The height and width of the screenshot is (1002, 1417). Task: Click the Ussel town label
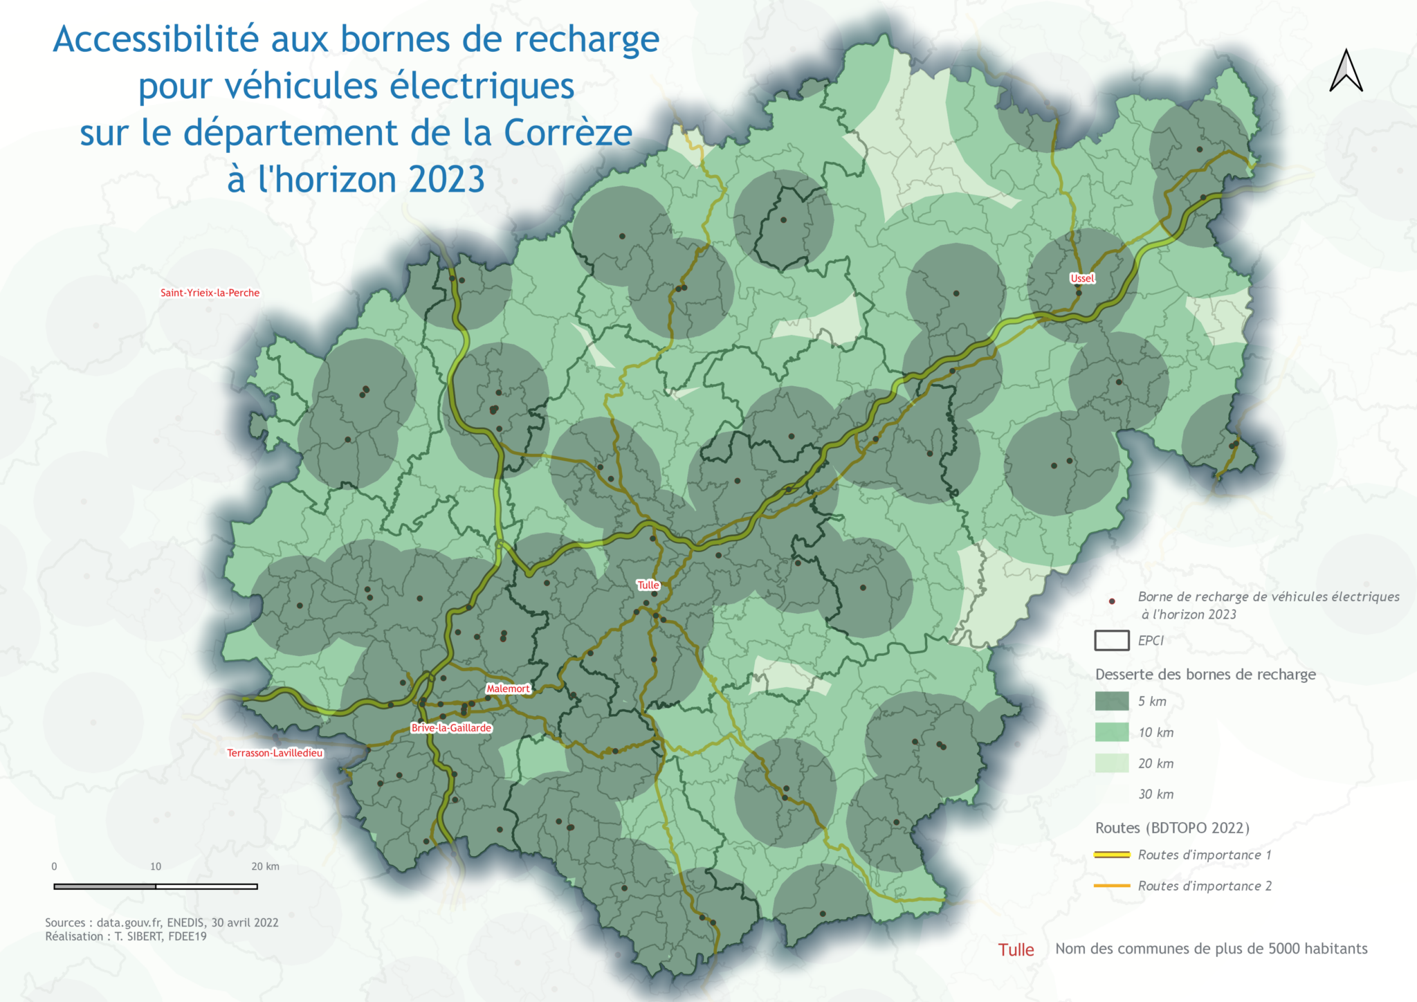[x=1082, y=278]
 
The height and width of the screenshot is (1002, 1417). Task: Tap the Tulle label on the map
[x=648, y=585]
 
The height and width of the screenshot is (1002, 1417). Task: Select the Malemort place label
[x=508, y=689]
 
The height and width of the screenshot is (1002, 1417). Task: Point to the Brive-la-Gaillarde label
[x=451, y=727]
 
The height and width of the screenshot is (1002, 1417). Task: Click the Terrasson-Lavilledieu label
[x=275, y=753]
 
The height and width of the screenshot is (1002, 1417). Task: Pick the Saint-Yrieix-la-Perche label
[x=210, y=293]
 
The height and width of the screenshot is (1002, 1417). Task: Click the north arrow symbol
[x=1346, y=71]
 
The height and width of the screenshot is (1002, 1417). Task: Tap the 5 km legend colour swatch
[x=1112, y=701]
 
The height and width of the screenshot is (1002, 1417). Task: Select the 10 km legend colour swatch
[x=1112, y=732]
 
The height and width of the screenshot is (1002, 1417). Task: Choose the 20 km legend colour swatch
[x=1112, y=763]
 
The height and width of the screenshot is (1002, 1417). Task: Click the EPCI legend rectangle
[x=1112, y=641]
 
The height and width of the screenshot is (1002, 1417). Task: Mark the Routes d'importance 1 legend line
[x=1112, y=855]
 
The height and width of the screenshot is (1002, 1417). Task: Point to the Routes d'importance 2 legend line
[x=1112, y=886]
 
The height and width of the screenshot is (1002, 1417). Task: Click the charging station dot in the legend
[x=1112, y=601]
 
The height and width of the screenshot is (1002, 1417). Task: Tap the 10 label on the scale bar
[x=156, y=866]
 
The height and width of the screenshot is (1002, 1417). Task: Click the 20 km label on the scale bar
[x=266, y=866]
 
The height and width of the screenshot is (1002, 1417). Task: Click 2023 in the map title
[x=447, y=179]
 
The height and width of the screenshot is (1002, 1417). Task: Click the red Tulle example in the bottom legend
[x=1016, y=949]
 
